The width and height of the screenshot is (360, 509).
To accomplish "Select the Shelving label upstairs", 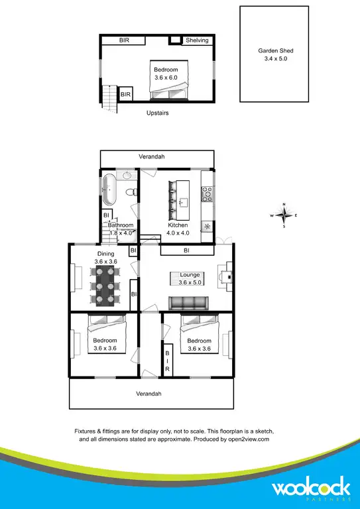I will tap(196, 40).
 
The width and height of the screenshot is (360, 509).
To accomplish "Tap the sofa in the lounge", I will tap(189, 303).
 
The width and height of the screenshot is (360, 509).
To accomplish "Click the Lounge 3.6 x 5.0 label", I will tap(190, 278).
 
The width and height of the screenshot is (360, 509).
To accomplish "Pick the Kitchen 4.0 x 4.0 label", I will tap(178, 229).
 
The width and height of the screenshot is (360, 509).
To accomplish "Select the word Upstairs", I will tap(158, 113).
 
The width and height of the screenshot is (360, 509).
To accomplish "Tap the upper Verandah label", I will tap(152, 157).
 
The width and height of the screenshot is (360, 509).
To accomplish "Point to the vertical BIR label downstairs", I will tap(168, 361).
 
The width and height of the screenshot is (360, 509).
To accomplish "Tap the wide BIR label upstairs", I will tap(124, 40).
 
